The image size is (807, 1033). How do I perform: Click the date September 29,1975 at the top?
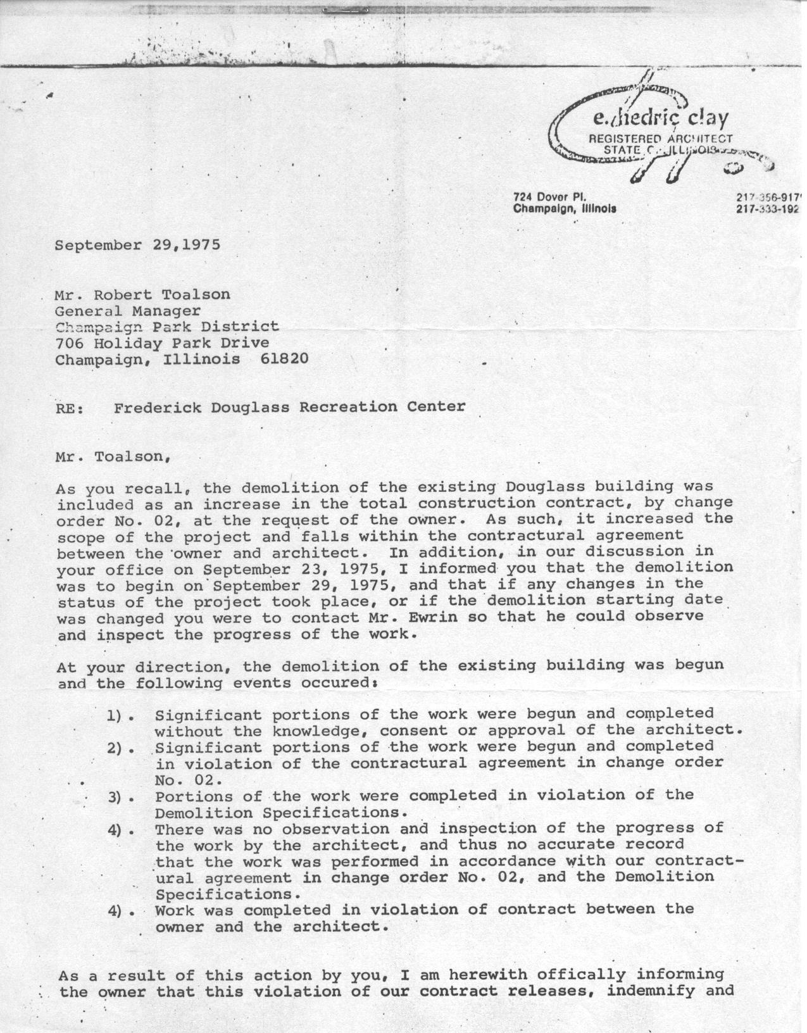137,245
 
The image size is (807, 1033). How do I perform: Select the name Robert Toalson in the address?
163,294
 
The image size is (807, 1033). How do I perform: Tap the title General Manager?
128,311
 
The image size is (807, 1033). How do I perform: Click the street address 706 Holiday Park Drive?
162,343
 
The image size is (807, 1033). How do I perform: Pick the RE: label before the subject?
70,408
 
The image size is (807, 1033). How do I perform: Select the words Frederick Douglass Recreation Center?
289,406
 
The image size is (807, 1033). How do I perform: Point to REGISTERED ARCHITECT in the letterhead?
660,139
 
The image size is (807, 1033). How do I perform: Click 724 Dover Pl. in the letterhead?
551,196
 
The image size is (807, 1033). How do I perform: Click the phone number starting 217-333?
768,208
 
